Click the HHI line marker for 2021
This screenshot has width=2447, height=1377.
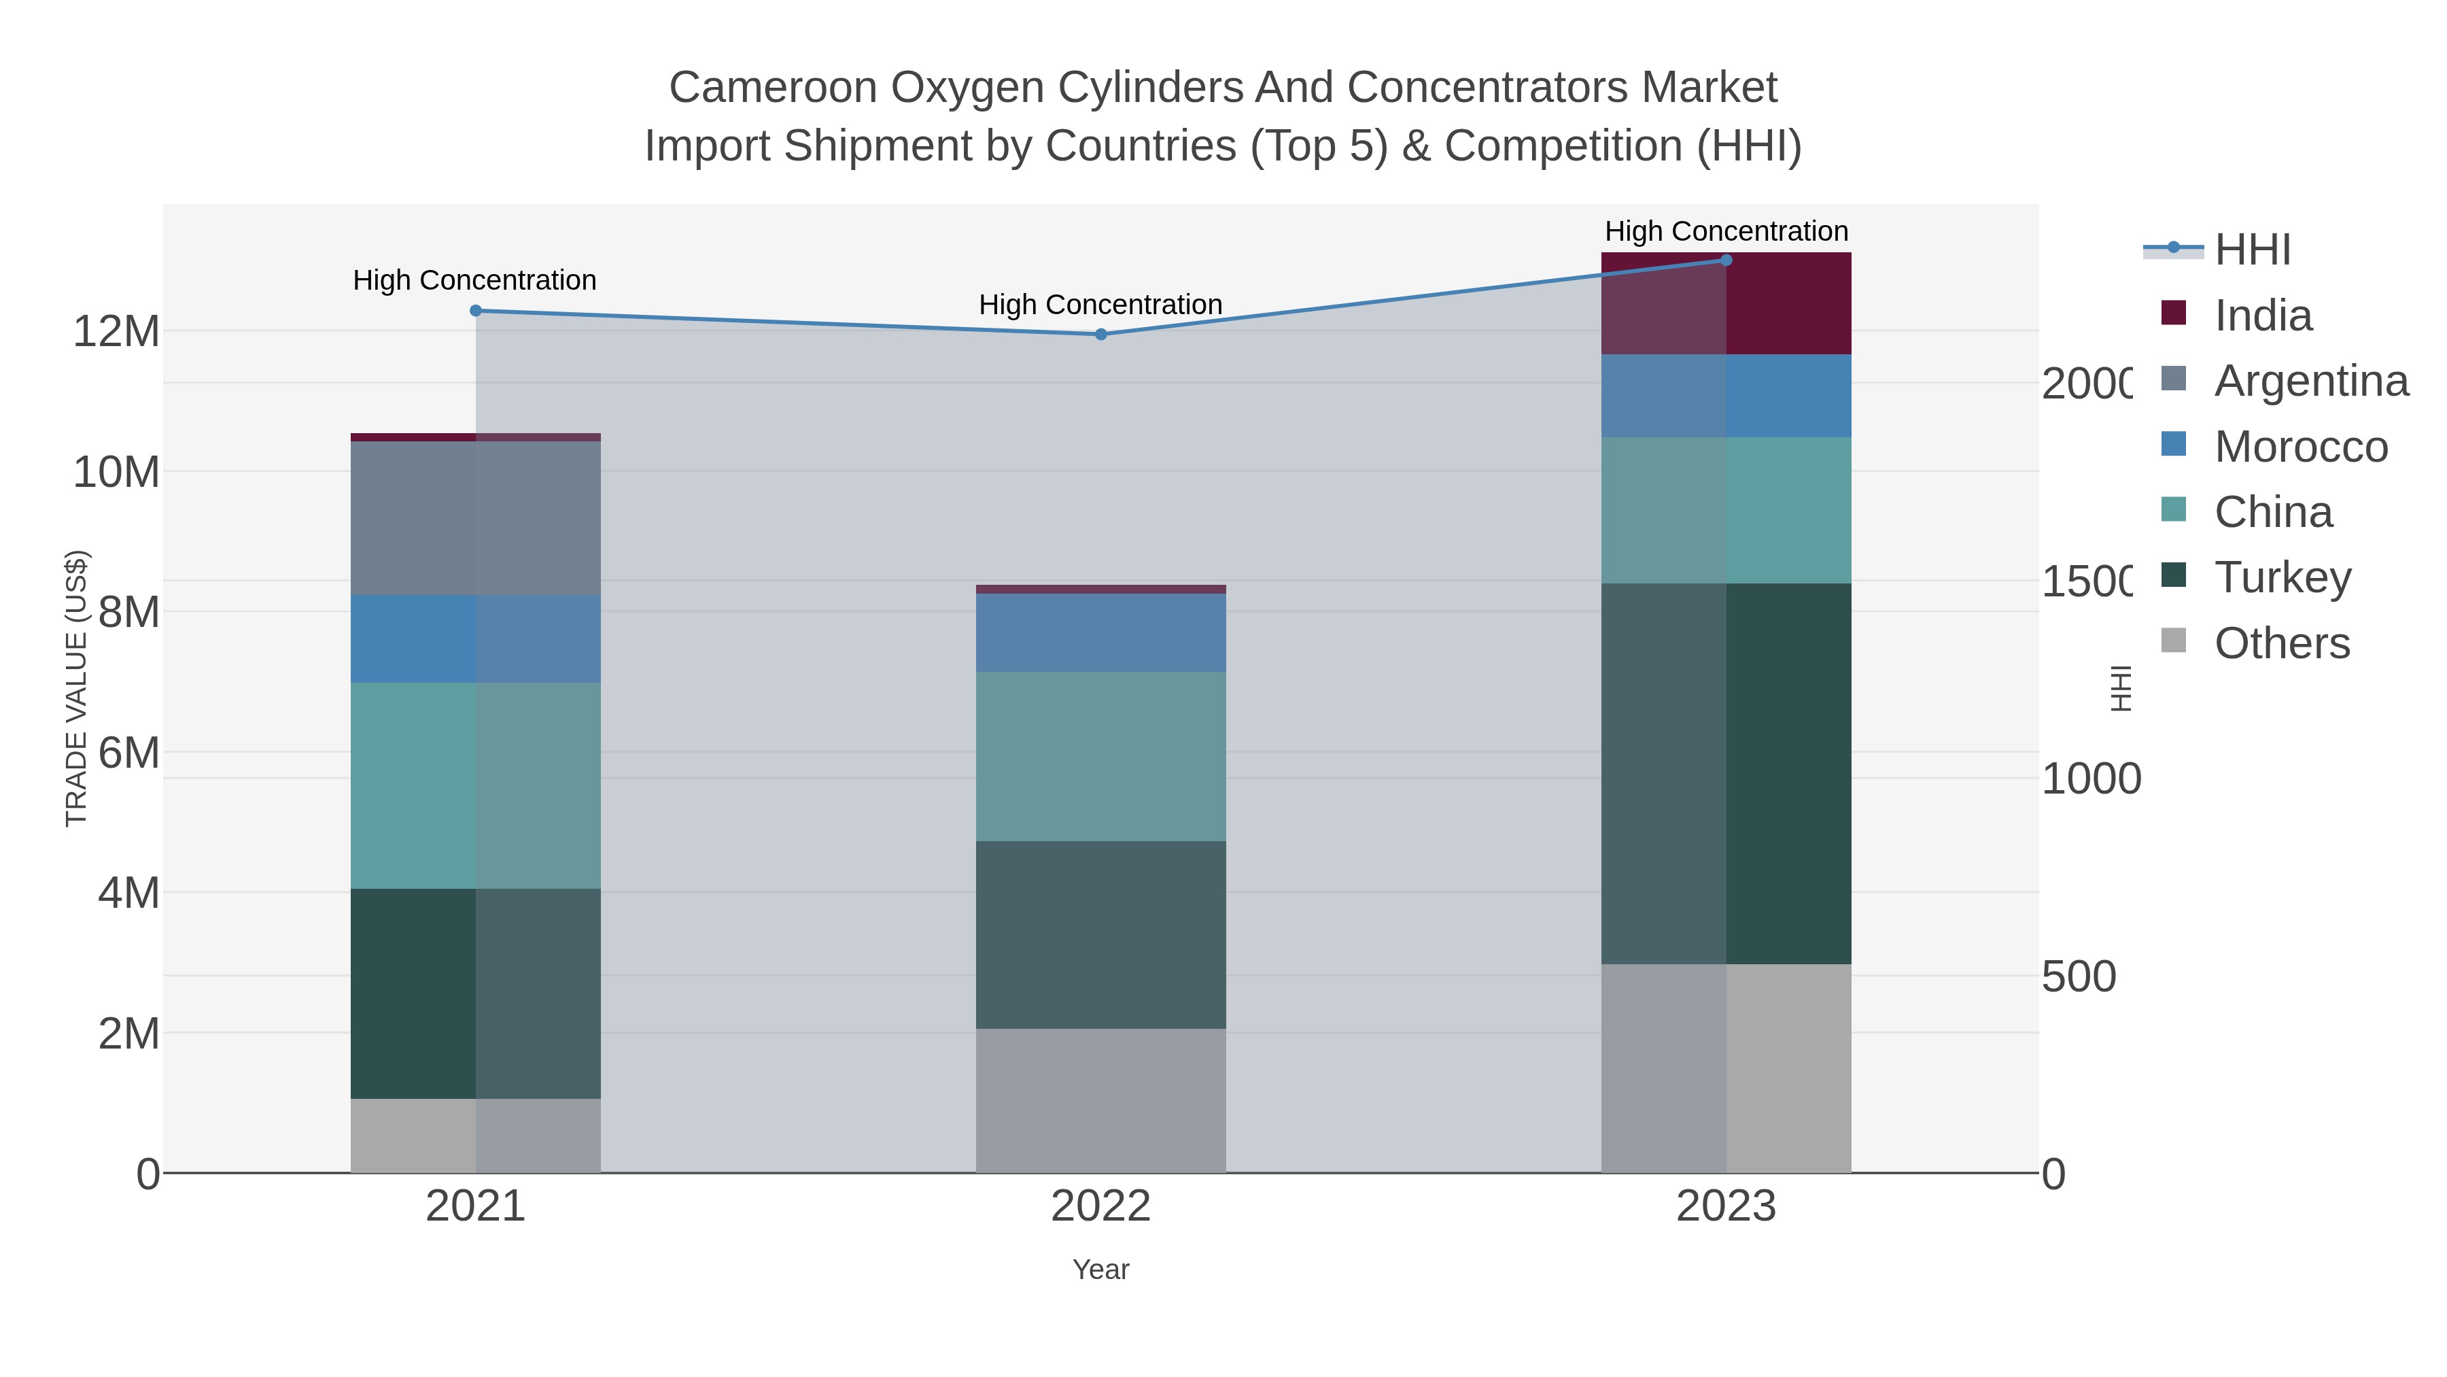click(476, 311)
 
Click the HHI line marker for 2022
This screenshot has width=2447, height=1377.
click(1101, 335)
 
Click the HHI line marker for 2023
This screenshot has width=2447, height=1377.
click(1726, 260)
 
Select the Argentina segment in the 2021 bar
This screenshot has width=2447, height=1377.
click(475, 518)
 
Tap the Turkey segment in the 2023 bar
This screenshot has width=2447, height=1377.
click(1726, 774)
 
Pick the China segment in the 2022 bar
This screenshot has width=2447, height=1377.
click(1101, 756)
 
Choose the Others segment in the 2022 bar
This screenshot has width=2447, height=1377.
click(1101, 1100)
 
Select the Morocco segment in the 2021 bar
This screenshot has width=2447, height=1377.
click(475, 639)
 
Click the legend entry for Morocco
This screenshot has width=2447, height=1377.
click(2301, 447)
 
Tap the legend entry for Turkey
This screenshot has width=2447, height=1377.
click(2282, 578)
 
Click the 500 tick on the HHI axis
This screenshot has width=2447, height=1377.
click(2079, 977)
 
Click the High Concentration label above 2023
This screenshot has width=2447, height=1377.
click(1726, 231)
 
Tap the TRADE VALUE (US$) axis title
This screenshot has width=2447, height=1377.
click(76, 688)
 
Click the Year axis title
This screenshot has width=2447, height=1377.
click(1101, 1270)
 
